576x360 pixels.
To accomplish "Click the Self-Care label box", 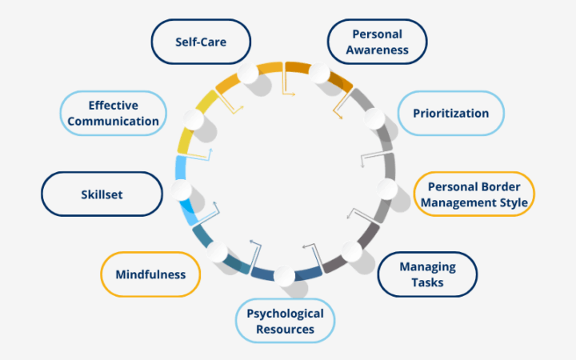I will pos(201,41).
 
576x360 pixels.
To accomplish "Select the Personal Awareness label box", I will pos(378,42).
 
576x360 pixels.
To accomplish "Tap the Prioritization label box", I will pos(450,113).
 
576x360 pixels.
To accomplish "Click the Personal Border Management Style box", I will pos(474,194).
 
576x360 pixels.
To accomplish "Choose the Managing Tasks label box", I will pos(427,274).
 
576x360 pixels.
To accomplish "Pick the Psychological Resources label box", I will pos(285,321).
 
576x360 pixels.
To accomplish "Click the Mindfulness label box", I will pos(150,274).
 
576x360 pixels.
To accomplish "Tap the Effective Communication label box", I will pos(113,113).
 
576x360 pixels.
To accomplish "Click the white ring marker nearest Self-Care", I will pos(248,74).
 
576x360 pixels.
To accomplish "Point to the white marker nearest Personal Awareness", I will pos(320,74).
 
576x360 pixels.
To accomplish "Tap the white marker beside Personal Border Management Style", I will pos(387,189).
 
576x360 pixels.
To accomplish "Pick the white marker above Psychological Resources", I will pos(284,277).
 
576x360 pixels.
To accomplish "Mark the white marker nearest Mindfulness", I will pos(217,253).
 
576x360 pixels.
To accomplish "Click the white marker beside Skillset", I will pos(182,190).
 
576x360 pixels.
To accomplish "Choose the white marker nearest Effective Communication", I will pos(194,120).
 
